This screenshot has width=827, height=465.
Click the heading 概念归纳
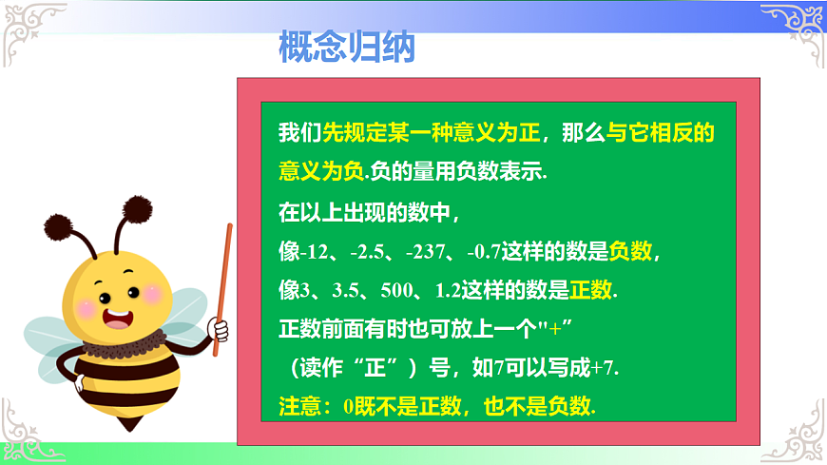click(347, 47)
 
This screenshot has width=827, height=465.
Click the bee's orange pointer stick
click(222, 285)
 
